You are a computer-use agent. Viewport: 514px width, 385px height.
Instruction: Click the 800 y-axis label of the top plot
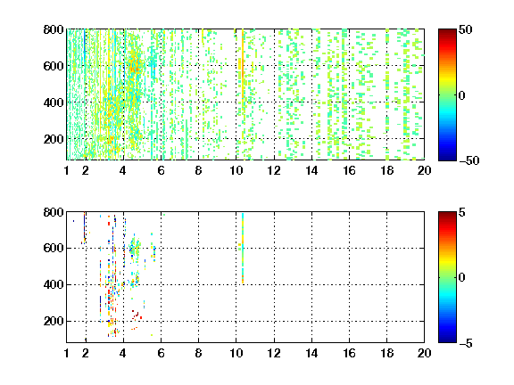[54, 29]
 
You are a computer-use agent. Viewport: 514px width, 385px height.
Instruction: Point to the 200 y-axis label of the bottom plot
[54, 321]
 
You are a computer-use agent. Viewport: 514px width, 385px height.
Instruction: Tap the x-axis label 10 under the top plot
[236, 170]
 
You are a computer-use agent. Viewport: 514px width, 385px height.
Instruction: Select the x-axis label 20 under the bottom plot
[424, 353]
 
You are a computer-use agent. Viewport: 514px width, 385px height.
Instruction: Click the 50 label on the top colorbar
[465, 29]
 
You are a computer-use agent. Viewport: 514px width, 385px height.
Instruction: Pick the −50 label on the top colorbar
[469, 160]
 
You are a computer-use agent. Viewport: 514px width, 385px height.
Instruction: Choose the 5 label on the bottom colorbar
[462, 212]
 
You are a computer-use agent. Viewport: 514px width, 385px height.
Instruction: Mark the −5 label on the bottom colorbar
[466, 343]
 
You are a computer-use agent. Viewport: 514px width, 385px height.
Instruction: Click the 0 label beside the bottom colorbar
[462, 278]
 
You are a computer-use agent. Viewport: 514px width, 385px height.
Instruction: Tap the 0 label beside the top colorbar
[462, 95]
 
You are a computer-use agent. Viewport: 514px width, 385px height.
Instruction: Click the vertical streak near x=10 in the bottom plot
[243, 248]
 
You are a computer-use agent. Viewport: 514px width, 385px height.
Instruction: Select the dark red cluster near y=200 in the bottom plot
[137, 315]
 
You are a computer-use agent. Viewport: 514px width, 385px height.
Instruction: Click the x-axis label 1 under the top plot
[67, 170]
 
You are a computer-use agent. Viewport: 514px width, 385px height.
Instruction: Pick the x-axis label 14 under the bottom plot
[311, 353]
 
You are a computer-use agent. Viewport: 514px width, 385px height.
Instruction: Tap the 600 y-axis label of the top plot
[54, 66]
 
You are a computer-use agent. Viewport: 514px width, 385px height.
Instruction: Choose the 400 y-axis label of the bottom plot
[54, 284]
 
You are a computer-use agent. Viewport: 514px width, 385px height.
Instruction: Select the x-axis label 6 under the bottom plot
[161, 353]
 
